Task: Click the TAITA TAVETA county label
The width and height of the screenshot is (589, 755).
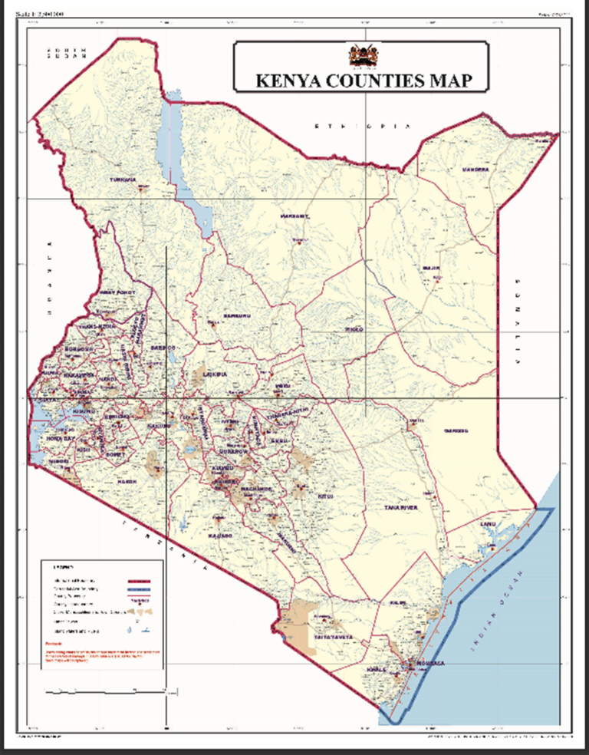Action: click(x=331, y=638)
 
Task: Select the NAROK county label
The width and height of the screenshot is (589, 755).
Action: click(x=126, y=481)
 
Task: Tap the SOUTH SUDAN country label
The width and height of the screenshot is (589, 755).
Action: click(x=66, y=53)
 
